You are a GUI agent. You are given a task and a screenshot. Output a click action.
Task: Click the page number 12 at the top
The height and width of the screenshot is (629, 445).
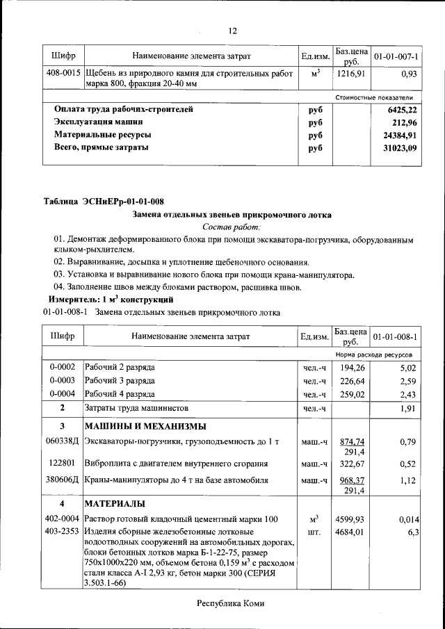pyautogui.click(x=233, y=31)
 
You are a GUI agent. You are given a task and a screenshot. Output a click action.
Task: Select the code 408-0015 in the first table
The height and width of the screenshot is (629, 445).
pyautogui.click(x=63, y=73)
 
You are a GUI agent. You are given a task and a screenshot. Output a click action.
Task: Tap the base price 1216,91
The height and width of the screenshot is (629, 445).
pyautogui.click(x=350, y=73)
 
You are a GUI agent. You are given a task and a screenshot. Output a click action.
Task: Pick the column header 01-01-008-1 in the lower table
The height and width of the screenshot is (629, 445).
pyautogui.click(x=394, y=337)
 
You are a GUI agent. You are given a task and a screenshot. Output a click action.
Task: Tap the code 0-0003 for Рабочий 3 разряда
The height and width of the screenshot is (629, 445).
pyautogui.click(x=63, y=381)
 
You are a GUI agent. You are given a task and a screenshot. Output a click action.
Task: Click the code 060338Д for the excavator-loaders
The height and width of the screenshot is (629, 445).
pyautogui.click(x=63, y=441)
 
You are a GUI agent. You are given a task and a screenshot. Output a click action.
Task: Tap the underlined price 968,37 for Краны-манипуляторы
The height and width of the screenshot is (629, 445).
pyautogui.click(x=353, y=480)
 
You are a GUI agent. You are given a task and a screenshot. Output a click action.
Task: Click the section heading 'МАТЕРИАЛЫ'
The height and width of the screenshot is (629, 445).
pyautogui.click(x=115, y=503)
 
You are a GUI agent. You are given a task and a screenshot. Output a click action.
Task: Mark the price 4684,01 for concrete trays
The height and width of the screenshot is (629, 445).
pyautogui.click(x=350, y=532)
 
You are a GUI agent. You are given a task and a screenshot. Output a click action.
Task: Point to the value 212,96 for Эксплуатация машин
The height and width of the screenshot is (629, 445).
pyautogui.click(x=404, y=122)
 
